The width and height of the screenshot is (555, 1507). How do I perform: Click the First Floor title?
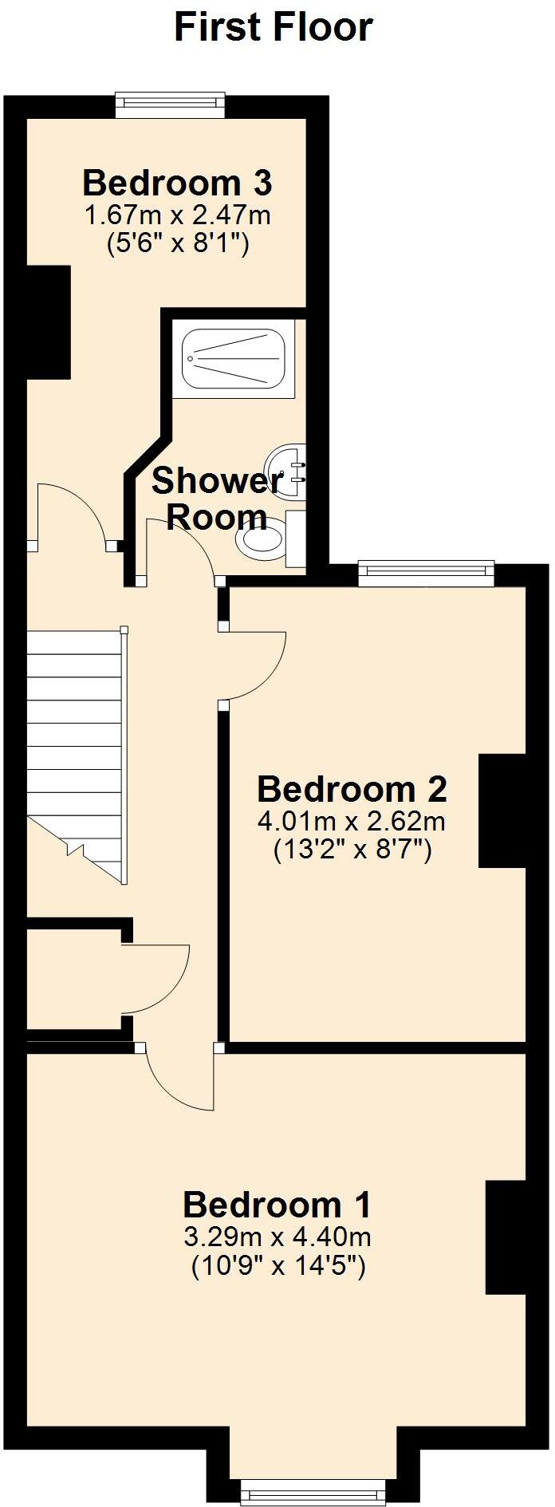[x=274, y=28]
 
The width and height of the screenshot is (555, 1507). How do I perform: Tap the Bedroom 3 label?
[x=177, y=183]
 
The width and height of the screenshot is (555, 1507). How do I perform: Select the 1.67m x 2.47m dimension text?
[x=177, y=215]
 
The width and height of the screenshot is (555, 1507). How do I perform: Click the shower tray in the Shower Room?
[x=234, y=359]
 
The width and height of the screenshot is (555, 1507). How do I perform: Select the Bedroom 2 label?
[x=352, y=789]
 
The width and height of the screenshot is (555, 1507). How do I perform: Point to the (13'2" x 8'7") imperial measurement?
[x=352, y=850]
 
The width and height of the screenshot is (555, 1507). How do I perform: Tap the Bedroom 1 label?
[x=277, y=1205]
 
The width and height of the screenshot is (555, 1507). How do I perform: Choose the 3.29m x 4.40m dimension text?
[x=277, y=1237]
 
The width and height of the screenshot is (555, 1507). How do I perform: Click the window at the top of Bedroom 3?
[x=169, y=105]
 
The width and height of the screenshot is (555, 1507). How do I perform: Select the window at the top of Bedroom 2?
[x=426, y=572]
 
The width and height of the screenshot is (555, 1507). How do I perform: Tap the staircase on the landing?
[x=76, y=750]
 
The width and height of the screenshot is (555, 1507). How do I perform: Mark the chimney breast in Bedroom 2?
[x=502, y=811]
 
